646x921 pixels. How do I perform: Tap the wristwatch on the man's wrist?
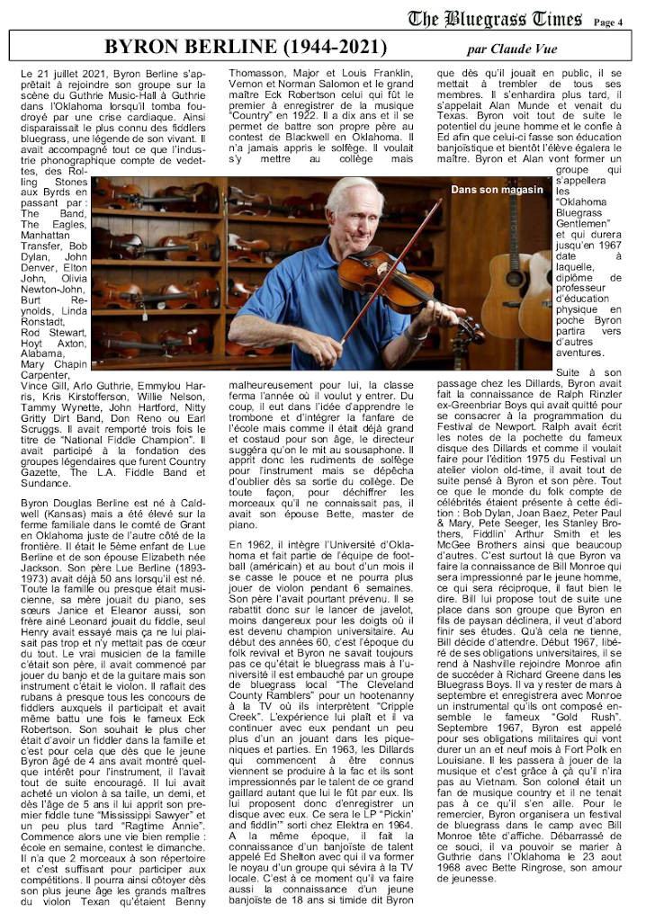[420, 331]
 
